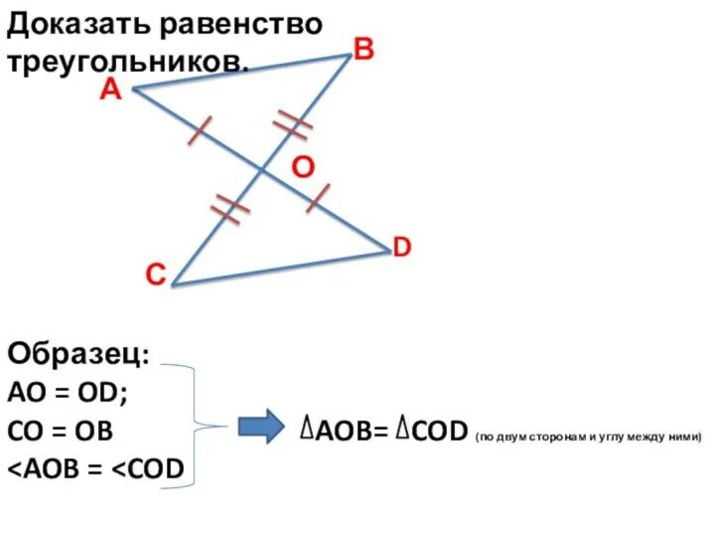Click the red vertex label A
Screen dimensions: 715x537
pos(110,90)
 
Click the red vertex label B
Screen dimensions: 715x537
pos(363,49)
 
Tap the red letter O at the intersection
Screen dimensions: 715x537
pos(303,169)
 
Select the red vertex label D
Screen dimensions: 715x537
pos(401,247)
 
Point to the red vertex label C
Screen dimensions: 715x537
pos(155,275)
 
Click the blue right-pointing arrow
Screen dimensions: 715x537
pos(260,429)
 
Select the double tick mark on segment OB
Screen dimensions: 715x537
pos(293,122)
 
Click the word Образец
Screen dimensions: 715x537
pos(79,355)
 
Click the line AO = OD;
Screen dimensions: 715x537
pos(68,394)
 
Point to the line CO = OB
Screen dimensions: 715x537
pos(61,432)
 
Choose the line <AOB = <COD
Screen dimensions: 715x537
pos(96,469)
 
